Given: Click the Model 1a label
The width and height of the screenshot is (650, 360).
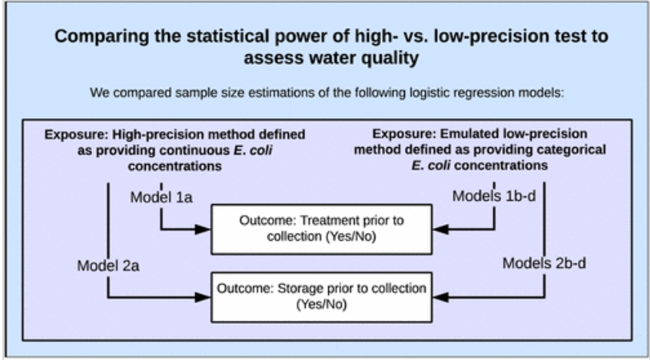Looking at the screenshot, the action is [161, 197].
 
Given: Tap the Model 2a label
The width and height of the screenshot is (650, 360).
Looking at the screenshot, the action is [108, 266].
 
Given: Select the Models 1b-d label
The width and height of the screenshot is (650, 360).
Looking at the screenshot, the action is [494, 196].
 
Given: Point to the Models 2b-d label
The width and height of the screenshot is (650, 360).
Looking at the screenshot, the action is [544, 263].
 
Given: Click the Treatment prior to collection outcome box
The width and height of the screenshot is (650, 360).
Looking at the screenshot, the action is [322, 229].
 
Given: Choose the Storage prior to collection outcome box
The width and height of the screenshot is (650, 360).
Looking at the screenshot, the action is [322, 297].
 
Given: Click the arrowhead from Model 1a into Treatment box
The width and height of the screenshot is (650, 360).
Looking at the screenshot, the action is [203, 229].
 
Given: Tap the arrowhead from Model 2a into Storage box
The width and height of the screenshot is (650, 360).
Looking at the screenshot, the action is [203, 297].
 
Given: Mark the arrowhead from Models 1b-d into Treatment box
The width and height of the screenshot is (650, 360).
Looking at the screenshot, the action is [440, 229].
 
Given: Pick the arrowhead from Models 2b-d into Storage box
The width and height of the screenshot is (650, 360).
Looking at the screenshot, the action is [440, 297].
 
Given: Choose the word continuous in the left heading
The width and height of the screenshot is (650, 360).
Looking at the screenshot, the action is [195, 150].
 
